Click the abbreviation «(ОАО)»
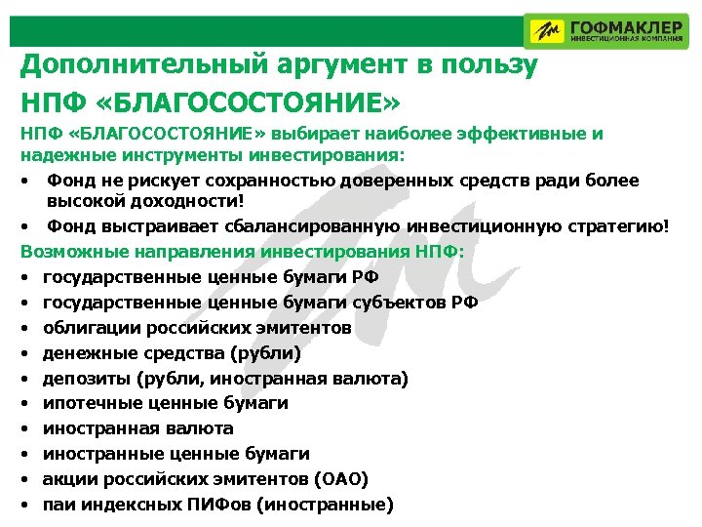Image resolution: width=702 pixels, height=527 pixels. click(341, 479)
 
